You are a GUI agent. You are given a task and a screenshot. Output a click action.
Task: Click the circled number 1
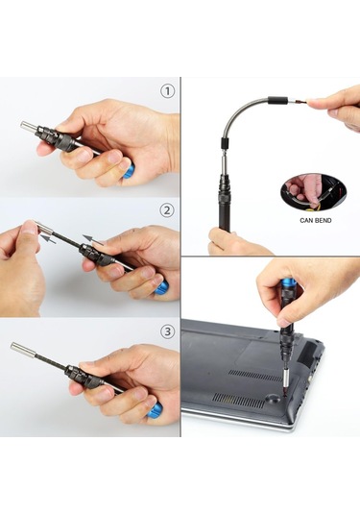pos(167,91)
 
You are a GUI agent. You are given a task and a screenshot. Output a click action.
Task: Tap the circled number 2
pos(167,210)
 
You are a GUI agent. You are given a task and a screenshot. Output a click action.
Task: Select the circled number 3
pos(167,331)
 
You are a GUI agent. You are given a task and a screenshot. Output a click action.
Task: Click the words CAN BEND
pos(316,220)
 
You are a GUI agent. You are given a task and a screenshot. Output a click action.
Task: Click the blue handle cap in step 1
pos(129,171)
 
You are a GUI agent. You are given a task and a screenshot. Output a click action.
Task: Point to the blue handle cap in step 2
pos(161,287)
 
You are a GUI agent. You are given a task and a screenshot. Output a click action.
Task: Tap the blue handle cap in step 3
pos(155,411)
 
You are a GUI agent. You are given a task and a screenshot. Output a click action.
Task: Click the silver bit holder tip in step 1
pos(28,126)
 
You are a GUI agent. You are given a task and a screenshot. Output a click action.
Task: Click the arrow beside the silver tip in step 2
pos(48,238)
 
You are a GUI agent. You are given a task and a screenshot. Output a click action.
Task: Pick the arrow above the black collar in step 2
pos(93,239)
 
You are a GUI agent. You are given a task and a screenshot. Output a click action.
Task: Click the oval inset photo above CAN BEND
pos(314,193)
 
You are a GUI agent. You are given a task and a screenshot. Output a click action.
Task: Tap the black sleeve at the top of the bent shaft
pos(277,100)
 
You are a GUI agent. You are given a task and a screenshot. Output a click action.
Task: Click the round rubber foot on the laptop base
pos(273,399)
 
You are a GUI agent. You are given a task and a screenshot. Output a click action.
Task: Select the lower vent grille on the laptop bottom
pos(238,401)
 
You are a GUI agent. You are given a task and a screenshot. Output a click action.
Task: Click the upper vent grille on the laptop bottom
pos(254,376)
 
